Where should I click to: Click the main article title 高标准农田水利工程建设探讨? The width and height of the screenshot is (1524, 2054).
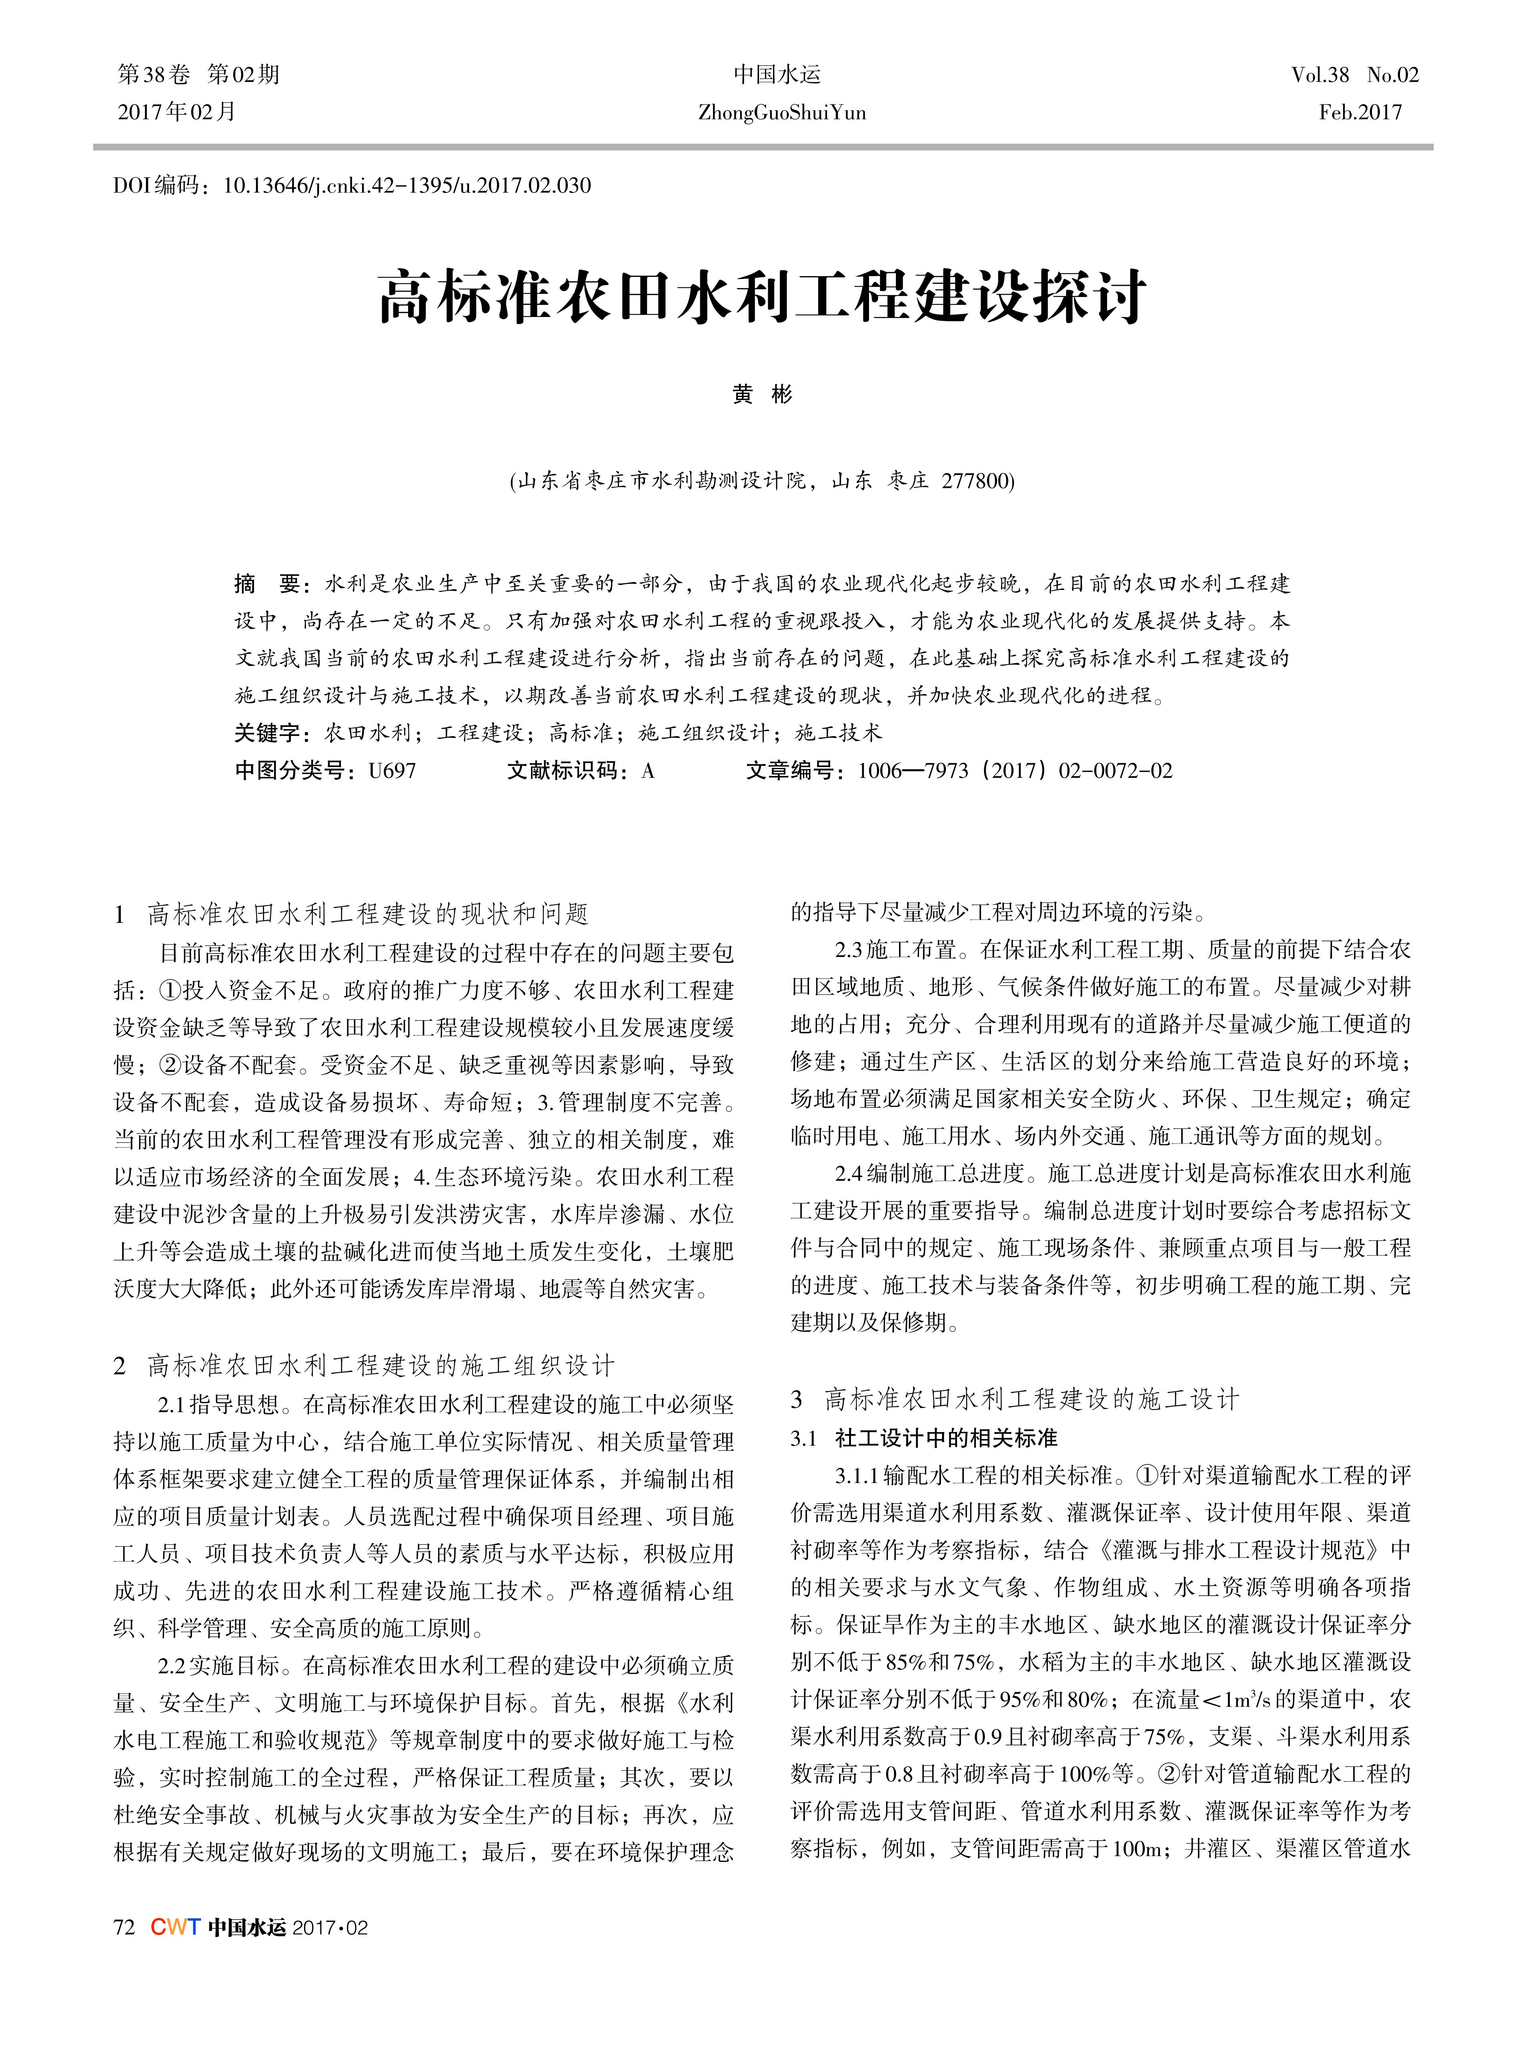[x=762, y=297]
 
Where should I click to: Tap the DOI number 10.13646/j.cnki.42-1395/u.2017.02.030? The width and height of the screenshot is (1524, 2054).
[x=407, y=185]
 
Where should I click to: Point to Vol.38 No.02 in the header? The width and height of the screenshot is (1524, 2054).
[x=1354, y=75]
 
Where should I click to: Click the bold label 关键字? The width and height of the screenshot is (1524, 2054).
[x=268, y=733]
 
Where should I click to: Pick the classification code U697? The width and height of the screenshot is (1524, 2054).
[x=392, y=770]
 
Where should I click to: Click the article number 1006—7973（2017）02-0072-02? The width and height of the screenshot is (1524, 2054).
[x=1015, y=770]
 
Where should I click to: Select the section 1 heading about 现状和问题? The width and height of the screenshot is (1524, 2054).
[x=367, y=915]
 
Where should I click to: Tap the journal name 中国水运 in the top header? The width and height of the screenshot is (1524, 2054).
[x=777, y=75]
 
